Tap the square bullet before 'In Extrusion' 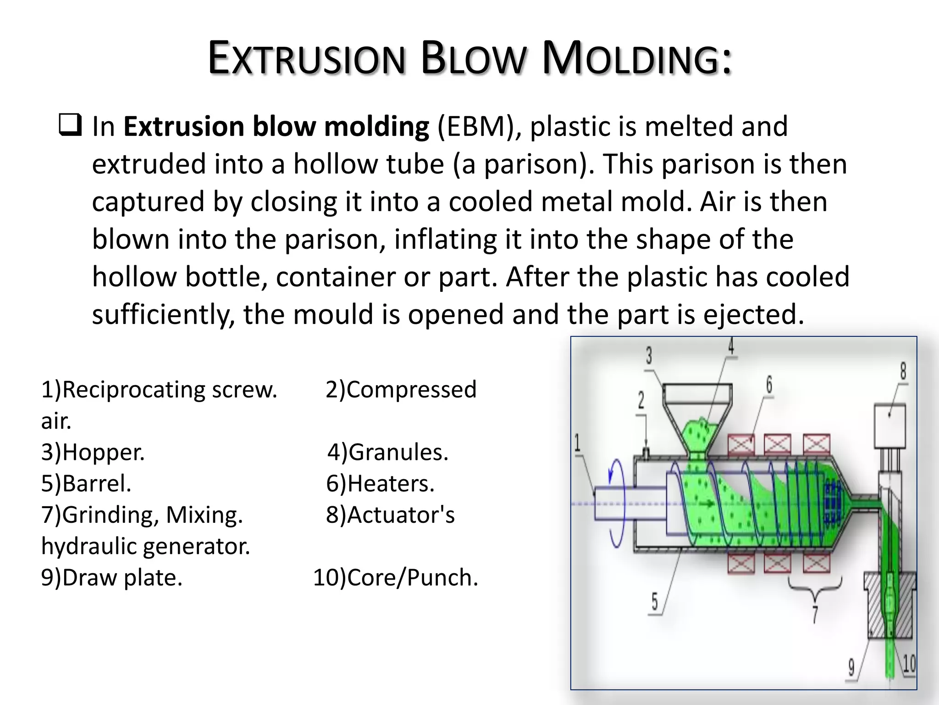pyautogui.click(x=70, y=125)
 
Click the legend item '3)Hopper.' pyautogui.click(x=93, y=452)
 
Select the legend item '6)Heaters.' pyautogui.click(x=380, y=484)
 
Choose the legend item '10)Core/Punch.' pyautogui.click(x=395, y=577)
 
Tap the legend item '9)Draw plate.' pyautogui.click(x=111, y=577)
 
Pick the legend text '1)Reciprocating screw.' pyautogui.click(x=159, y=390)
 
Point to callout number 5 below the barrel pyautogui.click(x=655, y=601)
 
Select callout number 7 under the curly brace pyautogui.click(x=815, y=614)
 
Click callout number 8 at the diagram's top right pyautogui.click(x=903, y=371)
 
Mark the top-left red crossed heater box pyautogui.click(x=741, y=444)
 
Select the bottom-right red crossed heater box pyautogui.click(x=817, y=564)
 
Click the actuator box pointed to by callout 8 pyautogui.click(x=890, y=425)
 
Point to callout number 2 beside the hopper pyautogui.click(x=641, y=400)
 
